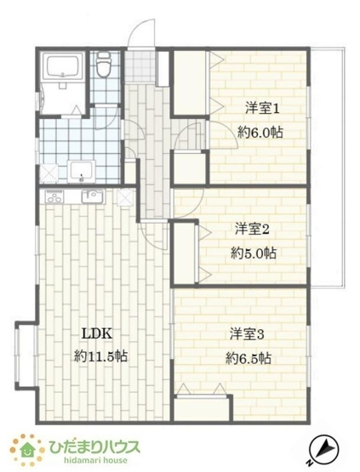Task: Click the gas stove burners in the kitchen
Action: tap(54, 197)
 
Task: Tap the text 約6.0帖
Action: tap(260, 134)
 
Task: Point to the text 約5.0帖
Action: tap(252, 253)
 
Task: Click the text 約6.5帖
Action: tap(248, 358)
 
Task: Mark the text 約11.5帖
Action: tap(98, 358)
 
